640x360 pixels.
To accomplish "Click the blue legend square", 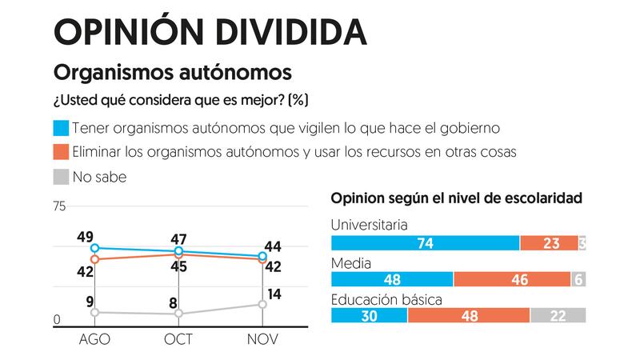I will [61, 127].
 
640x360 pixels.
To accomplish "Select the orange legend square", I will [61, 152].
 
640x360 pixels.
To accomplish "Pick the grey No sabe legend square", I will [61, 176].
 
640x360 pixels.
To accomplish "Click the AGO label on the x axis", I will [94, 339].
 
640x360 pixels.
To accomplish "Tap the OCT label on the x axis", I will [178, 339].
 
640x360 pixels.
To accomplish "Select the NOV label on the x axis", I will [262, 339].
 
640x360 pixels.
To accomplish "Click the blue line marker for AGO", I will [94, 248].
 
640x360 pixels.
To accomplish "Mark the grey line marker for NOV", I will [262, 304].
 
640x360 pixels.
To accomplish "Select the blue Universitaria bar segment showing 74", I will [425, 243].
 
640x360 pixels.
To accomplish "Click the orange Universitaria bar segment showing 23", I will [548, 243].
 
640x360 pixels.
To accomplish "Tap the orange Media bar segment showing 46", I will [511, 278].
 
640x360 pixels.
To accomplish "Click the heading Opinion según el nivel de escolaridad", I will [456, 197].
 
